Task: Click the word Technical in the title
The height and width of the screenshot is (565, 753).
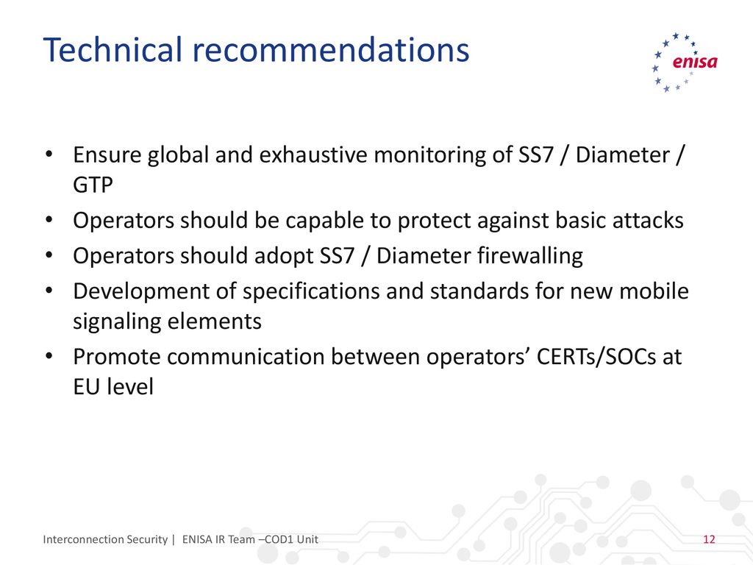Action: [113, 49]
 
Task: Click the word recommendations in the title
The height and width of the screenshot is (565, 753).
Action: [330, 49]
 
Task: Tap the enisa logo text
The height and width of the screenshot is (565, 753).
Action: [694, 62]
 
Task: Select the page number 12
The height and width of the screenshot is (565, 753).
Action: [709, 539]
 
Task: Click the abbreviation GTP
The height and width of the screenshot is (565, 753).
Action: [93, 185]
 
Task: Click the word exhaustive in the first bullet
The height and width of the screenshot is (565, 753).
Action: [313, 154]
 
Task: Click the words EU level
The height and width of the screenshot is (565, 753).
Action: [113, 387]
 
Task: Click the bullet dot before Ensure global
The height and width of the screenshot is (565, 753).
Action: [49, 154]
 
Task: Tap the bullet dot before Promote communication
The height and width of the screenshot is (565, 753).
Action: [49, 357]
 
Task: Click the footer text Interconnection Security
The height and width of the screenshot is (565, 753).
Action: [105, 539]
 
